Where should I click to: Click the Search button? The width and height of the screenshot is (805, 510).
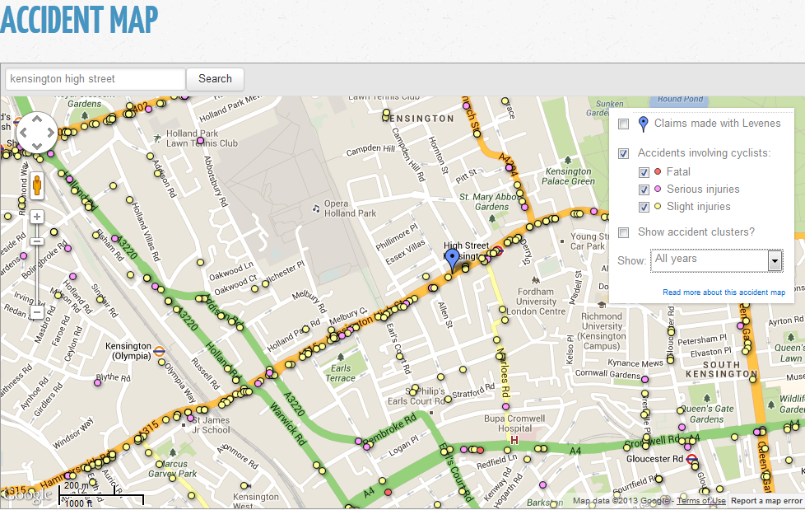[215, 79]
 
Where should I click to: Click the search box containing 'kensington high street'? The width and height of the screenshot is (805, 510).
[95, 79]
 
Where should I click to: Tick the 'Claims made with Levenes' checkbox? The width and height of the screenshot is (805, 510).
[624, 124]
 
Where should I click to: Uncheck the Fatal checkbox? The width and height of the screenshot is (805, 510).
[645, 172]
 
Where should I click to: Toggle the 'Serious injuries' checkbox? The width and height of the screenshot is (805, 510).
[645, 189]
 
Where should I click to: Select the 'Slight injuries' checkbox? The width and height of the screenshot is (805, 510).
[645, 207]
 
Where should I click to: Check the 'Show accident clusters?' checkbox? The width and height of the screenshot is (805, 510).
[624, 232]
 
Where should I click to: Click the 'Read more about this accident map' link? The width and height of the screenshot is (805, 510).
[724, 292]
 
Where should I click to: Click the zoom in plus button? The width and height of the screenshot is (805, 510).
[37, 218]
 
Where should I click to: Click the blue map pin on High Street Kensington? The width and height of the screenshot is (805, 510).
[452, 259]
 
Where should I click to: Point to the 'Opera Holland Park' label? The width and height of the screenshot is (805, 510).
[349, 208]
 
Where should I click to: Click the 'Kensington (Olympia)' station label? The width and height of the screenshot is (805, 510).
[128, 351]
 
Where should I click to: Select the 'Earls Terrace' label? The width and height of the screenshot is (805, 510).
[340, 373]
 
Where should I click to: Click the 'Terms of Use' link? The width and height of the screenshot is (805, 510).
[701, 501]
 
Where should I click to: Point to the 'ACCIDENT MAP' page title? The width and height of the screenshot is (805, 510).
[78, 21]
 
